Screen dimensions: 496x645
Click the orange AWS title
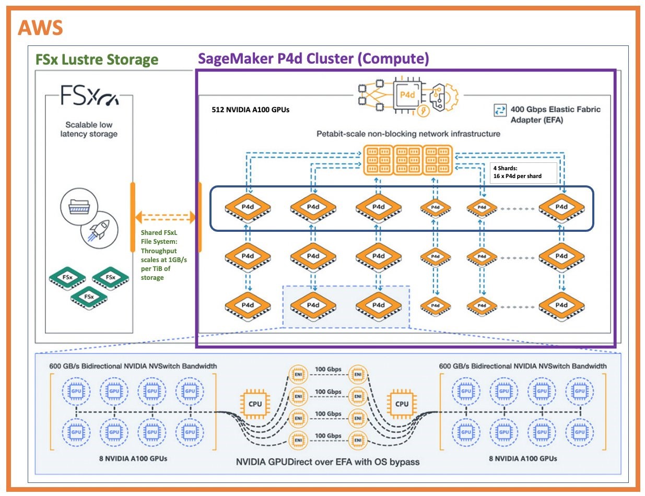[x=41, y=27]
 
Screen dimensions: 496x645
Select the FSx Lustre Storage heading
[x=97, y=59]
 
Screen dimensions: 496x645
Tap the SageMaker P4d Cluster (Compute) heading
[x=313, y=58]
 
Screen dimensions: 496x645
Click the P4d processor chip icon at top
[x=407, y=96]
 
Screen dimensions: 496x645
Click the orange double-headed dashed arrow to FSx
[x=165, y=216]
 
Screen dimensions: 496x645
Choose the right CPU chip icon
[x=402, y=404]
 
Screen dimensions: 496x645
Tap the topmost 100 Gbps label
[x=328, y=370]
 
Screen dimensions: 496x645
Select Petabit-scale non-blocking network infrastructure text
[x=408, y=134]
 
